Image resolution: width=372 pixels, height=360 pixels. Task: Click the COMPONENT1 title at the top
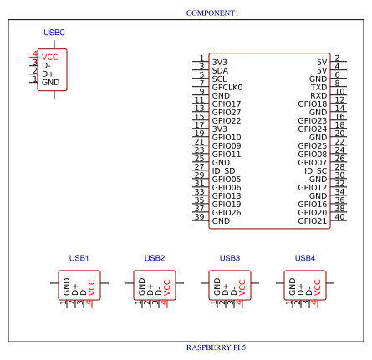tap(211, 13)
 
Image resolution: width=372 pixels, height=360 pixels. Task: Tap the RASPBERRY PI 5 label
tap(216, 347)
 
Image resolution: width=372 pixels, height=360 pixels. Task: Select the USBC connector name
tap(54, 32)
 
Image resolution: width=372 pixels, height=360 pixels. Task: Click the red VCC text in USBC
tap(50, 57)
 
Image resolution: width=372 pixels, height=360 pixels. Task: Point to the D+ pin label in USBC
tap(48, 74)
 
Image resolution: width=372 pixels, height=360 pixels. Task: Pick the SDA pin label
tap(220, 70)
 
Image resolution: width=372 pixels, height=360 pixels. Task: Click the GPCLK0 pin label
tap(227, 87)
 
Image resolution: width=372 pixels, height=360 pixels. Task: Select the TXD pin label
tap(318, 87)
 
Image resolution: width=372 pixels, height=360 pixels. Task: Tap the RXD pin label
tap(318, 95)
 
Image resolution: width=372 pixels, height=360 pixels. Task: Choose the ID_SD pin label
tap(223, 170)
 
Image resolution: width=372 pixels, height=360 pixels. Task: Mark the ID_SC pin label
tap(315, 170)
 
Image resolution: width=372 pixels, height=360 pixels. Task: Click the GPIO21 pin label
tap(312, 221)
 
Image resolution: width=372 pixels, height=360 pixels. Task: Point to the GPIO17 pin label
tap(226, 104)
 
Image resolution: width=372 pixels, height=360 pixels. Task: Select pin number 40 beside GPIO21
tap(339, 217)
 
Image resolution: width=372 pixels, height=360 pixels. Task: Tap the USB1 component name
tap(79, 258)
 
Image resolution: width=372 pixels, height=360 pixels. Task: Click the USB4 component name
tap(305, 258)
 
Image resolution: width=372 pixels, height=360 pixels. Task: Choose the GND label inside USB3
tap(217, 287)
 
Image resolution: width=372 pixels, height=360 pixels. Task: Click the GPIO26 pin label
tap(226, 213)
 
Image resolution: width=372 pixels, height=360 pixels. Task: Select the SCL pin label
tap(219, 79)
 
